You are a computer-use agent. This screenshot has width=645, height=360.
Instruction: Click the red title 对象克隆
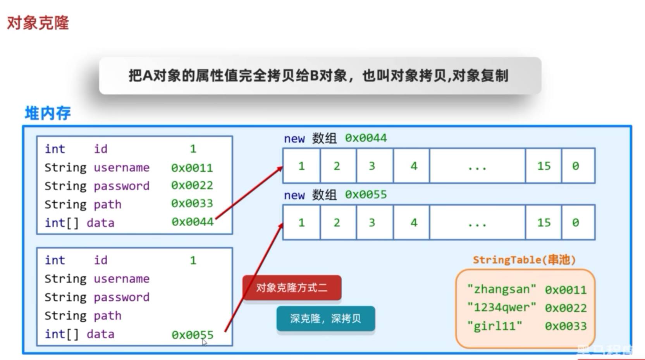38,23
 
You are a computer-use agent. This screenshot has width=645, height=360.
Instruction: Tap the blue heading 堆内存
48,113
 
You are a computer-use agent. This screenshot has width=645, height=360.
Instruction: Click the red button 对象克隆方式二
292,288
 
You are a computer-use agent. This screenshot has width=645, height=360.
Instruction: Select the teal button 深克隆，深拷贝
325,319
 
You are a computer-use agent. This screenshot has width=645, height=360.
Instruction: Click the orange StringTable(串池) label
524,260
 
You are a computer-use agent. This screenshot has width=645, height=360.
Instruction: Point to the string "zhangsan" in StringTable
502,289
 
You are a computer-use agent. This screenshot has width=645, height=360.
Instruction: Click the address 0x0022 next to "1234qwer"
566,308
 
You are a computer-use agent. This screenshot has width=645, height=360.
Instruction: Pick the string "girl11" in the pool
495,326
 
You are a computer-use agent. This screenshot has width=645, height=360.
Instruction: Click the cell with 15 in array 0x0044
544,166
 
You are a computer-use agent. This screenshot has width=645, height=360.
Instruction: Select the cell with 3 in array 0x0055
372,222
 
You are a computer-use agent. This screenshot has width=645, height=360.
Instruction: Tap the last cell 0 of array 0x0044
576,166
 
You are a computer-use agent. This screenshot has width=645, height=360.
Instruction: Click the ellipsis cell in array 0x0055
477,223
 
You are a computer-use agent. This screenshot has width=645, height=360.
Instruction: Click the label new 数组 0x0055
335,195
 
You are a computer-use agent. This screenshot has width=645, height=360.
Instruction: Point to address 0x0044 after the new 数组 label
366,138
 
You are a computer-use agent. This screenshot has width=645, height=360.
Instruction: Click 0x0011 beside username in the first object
192,168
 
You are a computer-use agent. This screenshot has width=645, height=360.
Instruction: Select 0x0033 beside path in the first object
192,203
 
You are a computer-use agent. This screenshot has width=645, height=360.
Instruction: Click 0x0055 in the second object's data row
192,334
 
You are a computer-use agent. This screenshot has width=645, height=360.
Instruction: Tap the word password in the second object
121,297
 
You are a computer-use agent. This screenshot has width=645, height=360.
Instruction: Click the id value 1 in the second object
193,260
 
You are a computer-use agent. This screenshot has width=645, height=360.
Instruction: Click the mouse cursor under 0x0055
205,342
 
